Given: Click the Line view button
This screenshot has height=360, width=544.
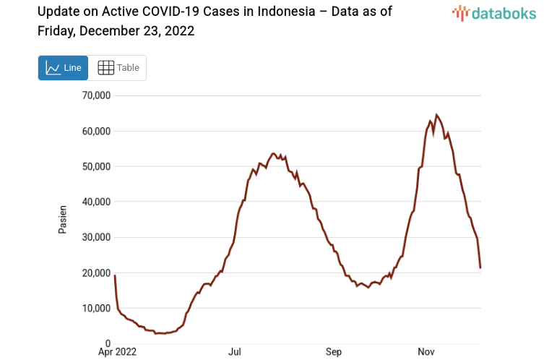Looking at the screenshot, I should (x=63, y=68).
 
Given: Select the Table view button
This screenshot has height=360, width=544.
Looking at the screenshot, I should (x=118, y=68).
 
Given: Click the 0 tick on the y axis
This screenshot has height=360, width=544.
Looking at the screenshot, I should (x=107, y=344).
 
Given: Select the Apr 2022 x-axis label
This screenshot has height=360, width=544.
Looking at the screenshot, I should (x=116, y=353).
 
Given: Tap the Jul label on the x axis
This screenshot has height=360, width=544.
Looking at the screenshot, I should (x=235, y=353).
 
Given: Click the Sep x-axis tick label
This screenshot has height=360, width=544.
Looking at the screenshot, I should (x=334, y=353).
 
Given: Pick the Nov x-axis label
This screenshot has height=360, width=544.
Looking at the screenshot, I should (x=426, y=353).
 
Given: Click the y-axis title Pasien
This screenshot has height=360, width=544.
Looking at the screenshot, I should (x=63, y=220).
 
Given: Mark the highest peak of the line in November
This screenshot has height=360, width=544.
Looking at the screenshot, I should (x=436, y=115).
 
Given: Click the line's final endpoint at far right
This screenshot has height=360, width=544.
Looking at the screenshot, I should (x=480, y=268).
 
